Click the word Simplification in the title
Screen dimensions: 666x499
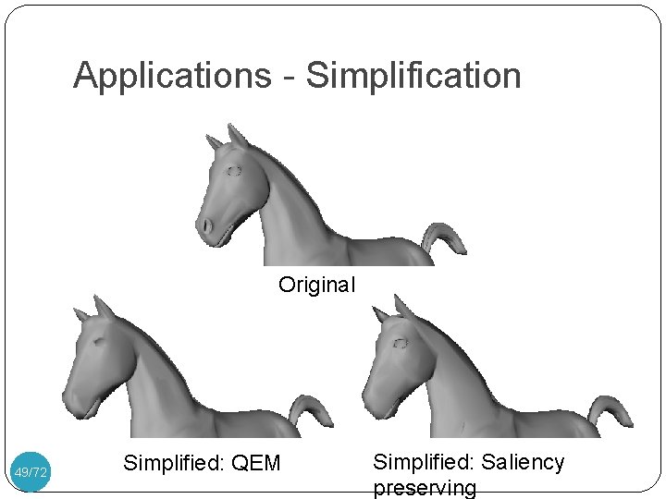[413, 76]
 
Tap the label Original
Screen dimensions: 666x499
[316, 285]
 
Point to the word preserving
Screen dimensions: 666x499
[425, 488]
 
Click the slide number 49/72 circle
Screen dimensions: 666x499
[31, 472]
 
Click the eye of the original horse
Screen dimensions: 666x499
[234, 171]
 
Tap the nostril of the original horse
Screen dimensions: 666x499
[207, 225]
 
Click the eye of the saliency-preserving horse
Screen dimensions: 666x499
[401, 343]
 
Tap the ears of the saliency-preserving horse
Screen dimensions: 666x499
[394, 310]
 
